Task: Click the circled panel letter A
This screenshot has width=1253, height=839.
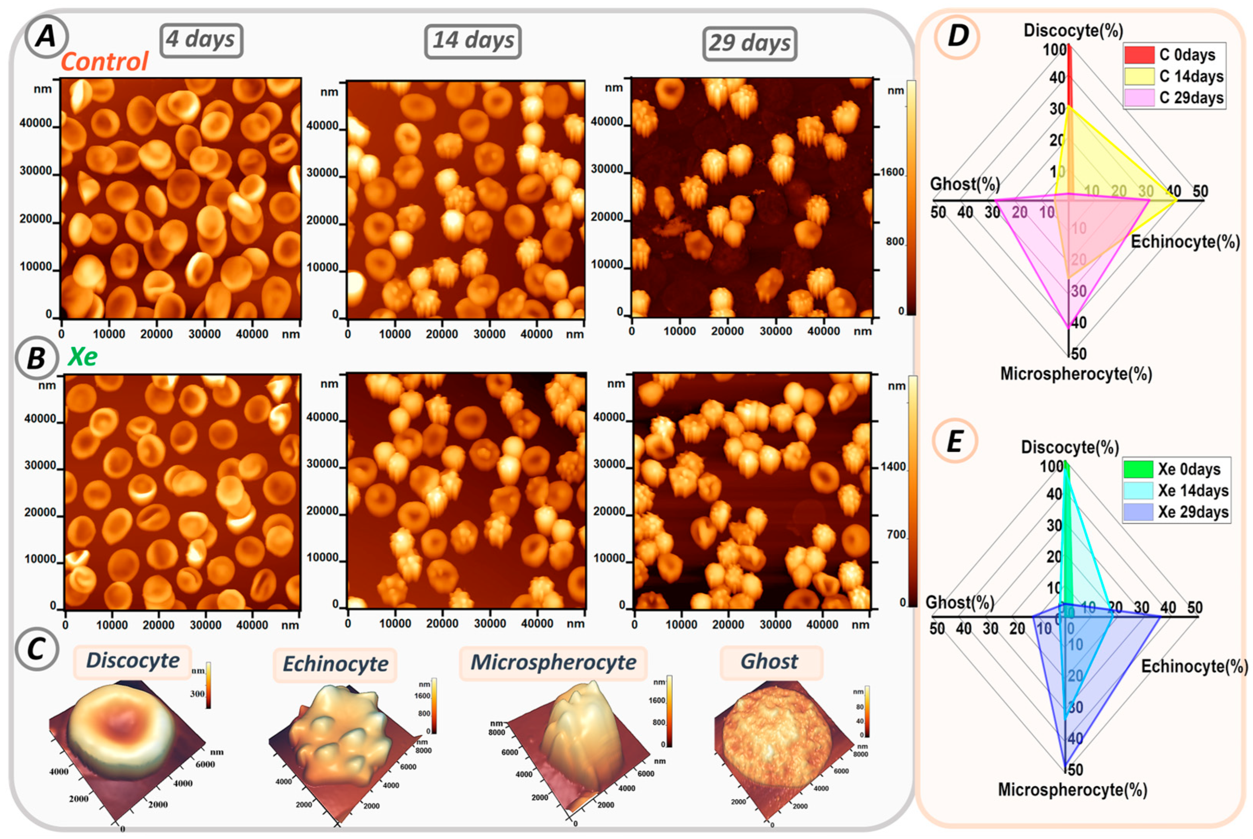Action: tap(46, 37)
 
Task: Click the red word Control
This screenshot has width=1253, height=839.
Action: tap(104, 62)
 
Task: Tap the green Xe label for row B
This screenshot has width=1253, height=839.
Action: tap(82, 357)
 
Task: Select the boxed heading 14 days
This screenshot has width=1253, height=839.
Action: tap(473, 41)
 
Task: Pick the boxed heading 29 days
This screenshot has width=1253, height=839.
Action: tap(749, 43)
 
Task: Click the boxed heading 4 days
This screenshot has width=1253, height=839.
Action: tap(201, 39)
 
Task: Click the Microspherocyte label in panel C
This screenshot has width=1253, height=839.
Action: tap(553, 663)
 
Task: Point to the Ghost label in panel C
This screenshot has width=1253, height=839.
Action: tap(769, 662)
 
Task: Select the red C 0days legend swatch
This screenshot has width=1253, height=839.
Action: tap(1138, 55)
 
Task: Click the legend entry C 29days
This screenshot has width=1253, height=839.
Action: tap(1191, 98)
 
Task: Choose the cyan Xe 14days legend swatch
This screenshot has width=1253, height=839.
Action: tap(1137, 491)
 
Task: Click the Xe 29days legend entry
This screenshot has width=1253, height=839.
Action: tap(1192, 512)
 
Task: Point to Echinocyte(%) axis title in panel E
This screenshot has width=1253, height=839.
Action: tap(1194, 666)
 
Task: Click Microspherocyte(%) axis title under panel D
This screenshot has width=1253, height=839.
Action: tap(1075, 374)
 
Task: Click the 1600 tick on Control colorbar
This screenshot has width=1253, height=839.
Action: tap(892, 172)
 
